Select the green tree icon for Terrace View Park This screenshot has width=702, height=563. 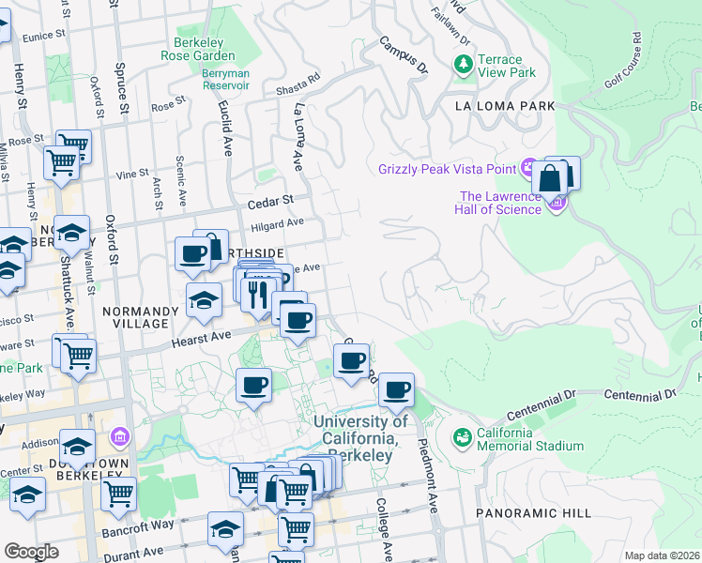[x=463, y=64]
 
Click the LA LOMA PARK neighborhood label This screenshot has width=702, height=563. [x=505, y=106]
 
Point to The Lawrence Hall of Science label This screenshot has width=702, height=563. [x=499, y=203]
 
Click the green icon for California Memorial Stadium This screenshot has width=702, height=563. [x=462, y=437]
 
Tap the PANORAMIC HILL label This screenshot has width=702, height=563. [x=533, y=513]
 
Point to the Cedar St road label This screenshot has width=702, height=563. [x=270, y=200]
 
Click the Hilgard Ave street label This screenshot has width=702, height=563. [x=277, y=223]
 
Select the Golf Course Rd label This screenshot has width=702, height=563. [x=623, y=59]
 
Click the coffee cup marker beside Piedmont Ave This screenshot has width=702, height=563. [x=396, y=389]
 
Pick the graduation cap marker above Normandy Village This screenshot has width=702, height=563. [x=203, y=301]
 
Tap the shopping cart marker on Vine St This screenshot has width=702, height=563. [x=62, y=161]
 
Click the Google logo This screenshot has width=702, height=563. [x=31, y=552]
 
